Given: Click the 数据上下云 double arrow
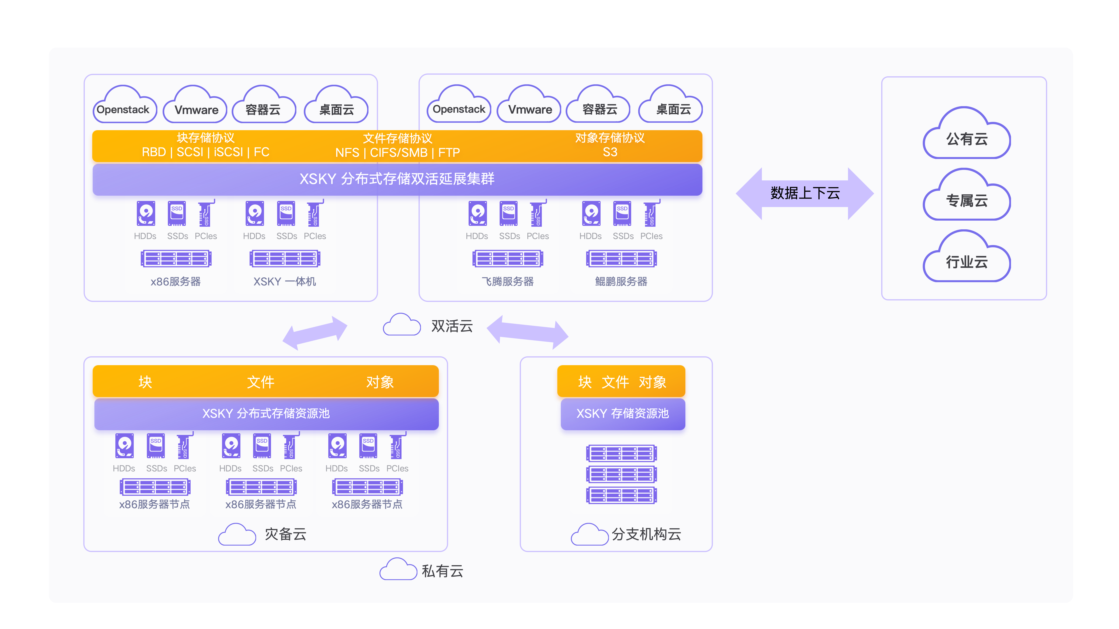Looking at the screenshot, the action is click(804, 193).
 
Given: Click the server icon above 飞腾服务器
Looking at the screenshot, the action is click(508, 259).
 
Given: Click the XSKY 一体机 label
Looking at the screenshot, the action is click(285, 282).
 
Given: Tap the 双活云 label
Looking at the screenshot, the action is click(452, 326).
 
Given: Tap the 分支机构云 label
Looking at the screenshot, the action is click(646, 534).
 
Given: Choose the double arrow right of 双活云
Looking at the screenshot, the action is click(527, 332).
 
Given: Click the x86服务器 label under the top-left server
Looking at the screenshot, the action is click(175, 282).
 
